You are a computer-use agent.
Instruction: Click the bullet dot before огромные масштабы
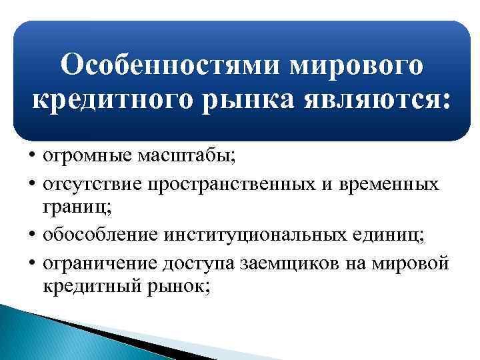click(31, 157)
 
